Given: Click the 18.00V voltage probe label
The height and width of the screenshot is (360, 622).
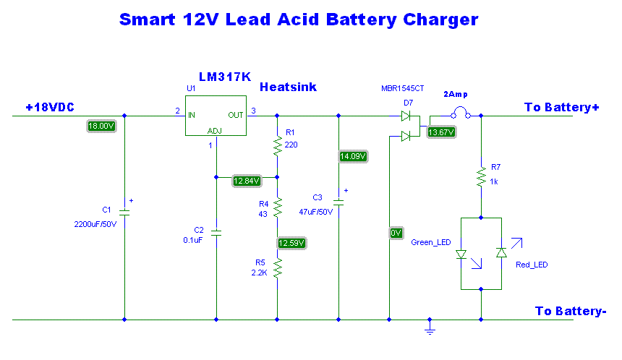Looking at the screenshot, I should click(101, 126).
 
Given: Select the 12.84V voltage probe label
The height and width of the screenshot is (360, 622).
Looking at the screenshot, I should click(247, 181).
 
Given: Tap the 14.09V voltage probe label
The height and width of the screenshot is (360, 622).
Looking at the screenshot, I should click(353, 156).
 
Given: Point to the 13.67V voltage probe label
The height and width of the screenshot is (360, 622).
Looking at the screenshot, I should click(441, 132).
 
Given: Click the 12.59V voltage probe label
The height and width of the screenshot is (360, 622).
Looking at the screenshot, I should click(292, 243).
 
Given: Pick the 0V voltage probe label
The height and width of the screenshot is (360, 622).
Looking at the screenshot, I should click(396, 233).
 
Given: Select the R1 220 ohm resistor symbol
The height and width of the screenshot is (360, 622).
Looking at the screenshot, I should click(277, 146).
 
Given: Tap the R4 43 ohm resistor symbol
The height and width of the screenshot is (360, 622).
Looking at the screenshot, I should click(277, 208).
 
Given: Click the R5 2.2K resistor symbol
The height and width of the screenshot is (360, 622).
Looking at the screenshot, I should click(277, 269).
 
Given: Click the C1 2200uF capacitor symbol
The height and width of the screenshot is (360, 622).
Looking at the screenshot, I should click(124, 213).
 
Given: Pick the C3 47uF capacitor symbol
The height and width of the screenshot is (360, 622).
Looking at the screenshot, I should click(338, 202).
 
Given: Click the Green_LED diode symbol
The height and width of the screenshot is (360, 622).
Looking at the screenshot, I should click(461, 254).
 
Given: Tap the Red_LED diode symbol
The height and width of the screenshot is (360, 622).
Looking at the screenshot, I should click(500, 253).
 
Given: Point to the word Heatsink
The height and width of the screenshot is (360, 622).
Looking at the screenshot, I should click(288, 87).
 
